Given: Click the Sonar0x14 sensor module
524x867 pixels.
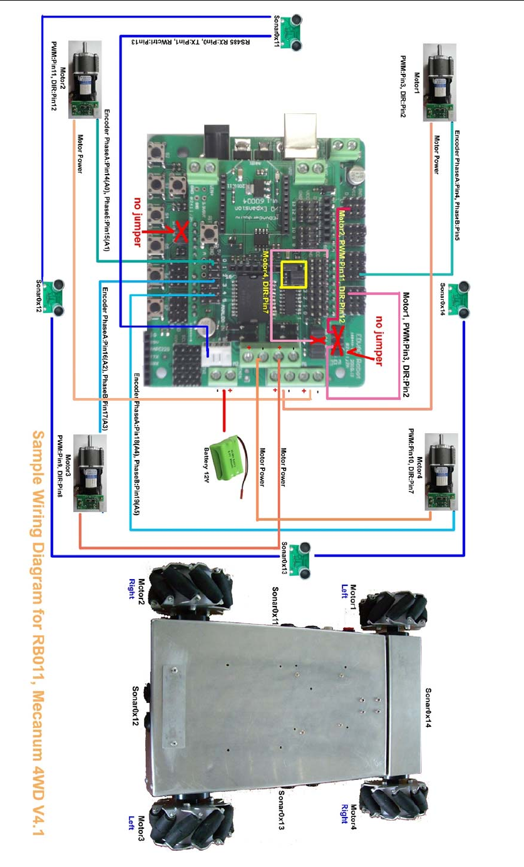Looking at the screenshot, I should [463, 295].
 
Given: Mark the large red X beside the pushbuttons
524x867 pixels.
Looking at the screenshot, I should [180, 232].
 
